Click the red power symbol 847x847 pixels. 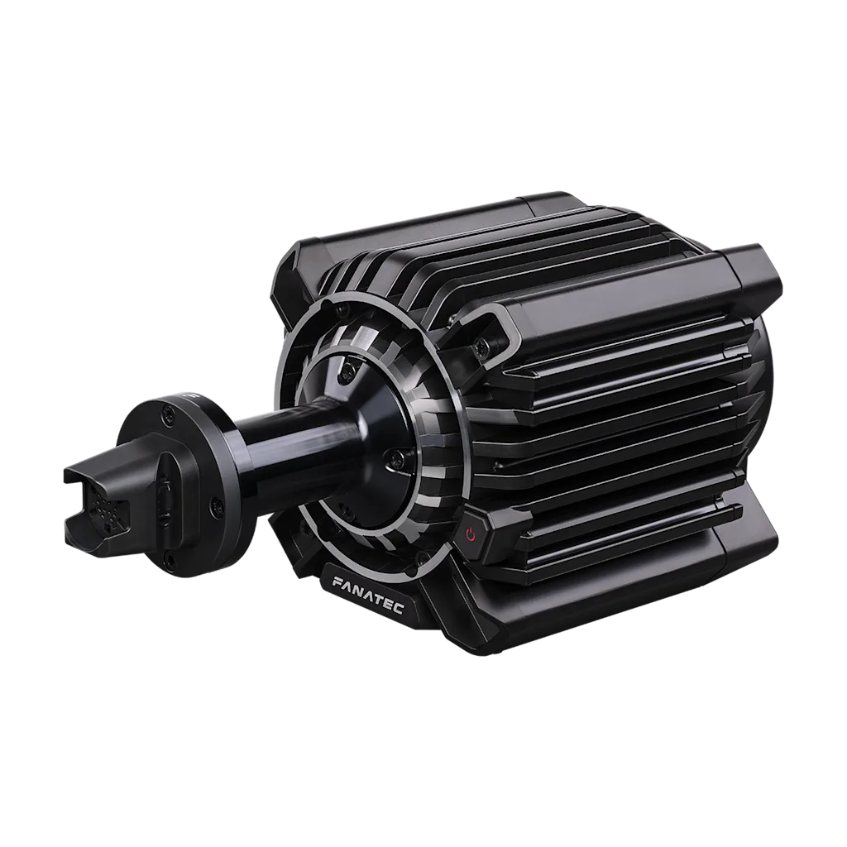[x=471, y=535]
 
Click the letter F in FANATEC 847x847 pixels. [x=337, y=582]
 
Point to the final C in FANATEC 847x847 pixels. [x=400, y=610]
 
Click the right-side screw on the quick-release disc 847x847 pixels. [x=218, y=506]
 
